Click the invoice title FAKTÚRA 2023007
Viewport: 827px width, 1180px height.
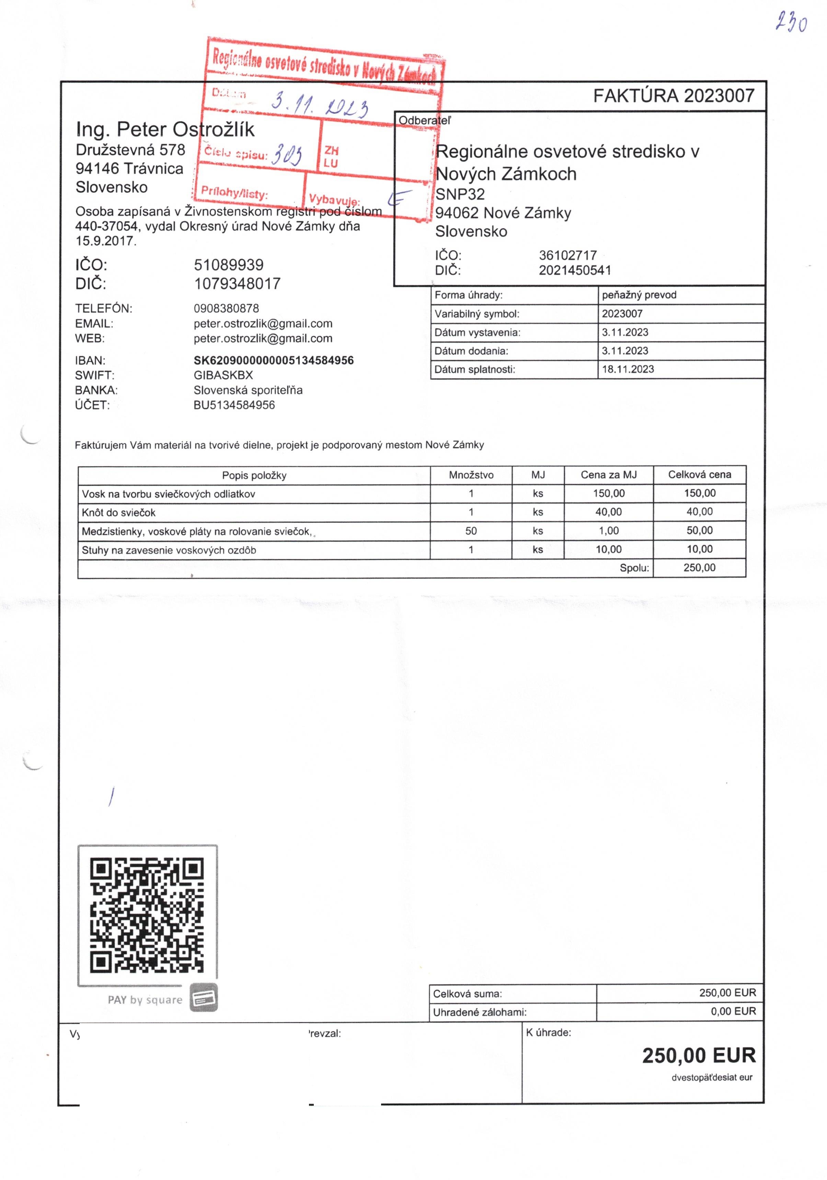673,95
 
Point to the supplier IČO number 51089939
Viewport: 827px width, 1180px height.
228,265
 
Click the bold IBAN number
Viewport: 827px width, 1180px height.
274,360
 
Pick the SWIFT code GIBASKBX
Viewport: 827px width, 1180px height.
223,375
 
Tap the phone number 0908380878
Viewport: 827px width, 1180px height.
226,308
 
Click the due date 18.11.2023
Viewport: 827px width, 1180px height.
628,369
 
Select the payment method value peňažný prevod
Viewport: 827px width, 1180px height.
639,295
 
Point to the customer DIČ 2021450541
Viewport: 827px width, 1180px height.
575,270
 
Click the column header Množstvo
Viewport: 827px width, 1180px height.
471,475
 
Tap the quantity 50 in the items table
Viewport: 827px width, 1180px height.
471,531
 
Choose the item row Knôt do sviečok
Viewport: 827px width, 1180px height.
119,512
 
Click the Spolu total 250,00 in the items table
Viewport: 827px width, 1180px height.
699,568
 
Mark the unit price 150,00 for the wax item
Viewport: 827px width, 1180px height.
609,493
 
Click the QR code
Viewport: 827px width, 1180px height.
147,915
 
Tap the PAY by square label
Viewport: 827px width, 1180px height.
145,1000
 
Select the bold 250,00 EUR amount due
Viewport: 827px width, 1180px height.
699,1056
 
